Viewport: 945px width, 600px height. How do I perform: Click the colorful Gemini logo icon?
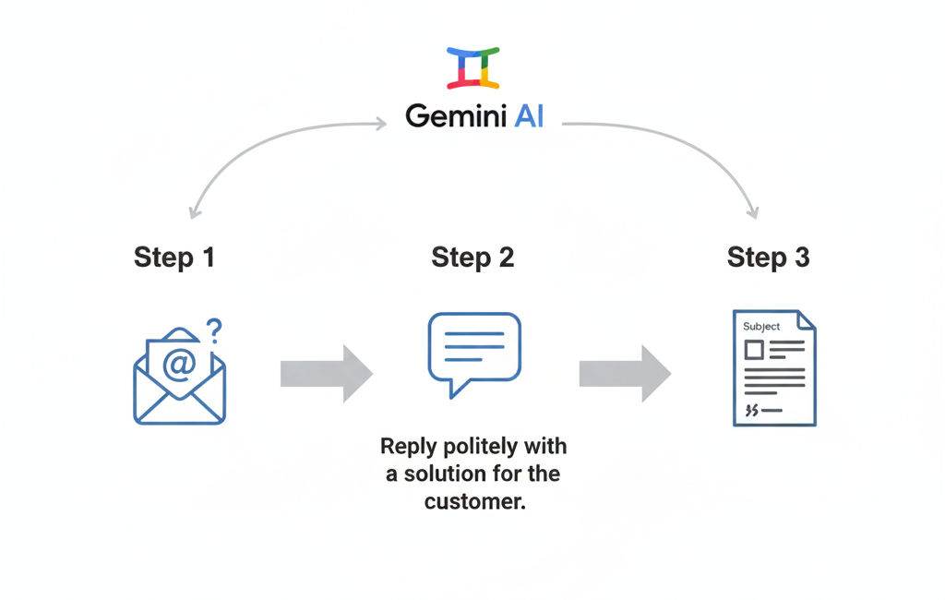[472, 67]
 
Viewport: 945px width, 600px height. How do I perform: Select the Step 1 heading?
[173, 257]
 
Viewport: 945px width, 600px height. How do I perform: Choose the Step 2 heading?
[472, 257]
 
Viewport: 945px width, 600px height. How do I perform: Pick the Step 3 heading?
[769, 257]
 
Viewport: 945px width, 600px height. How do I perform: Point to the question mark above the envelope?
[214, 329]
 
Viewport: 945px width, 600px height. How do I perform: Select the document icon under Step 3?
[774, 367]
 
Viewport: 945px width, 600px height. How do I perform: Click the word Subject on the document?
[761, 326]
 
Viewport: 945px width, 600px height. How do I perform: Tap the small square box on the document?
[754, 350]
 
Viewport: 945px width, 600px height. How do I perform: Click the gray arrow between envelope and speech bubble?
[326, 373]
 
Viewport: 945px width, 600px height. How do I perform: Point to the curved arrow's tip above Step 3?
[753, 213]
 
